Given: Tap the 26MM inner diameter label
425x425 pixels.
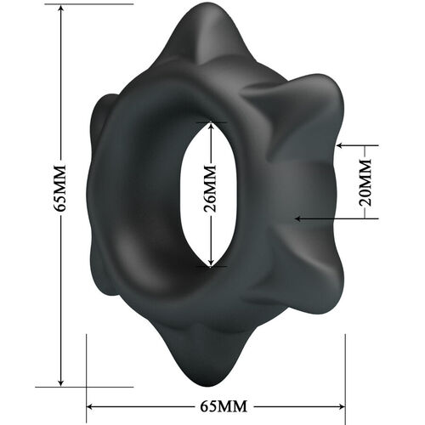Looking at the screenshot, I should coord(211,194).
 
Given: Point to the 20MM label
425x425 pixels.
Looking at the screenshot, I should coord(365,181).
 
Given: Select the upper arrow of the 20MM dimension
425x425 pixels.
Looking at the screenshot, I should coord(342,145).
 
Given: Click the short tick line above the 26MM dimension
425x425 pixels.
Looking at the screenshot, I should coord(211,122).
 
